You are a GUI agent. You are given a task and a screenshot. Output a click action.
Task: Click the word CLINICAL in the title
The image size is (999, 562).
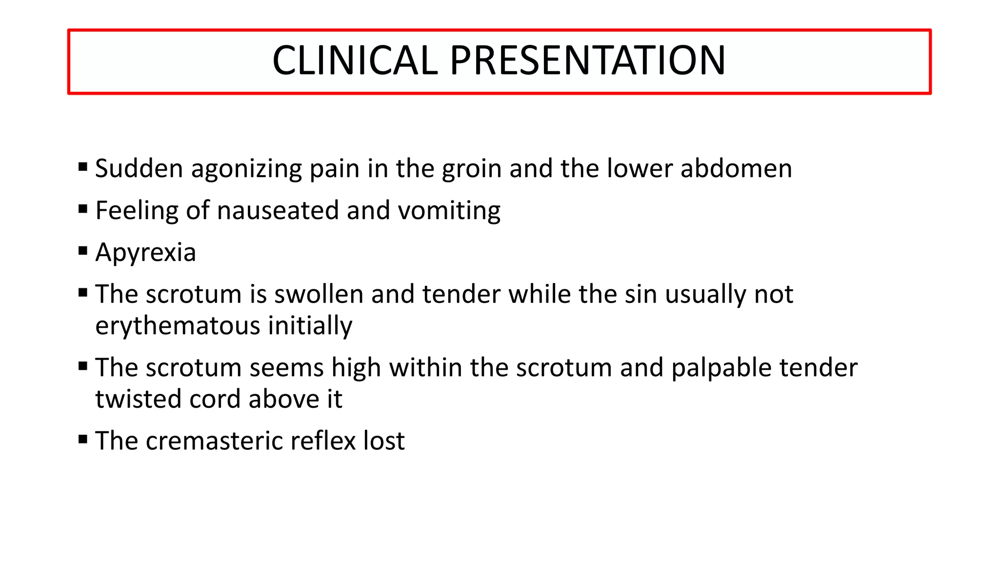[355, 60]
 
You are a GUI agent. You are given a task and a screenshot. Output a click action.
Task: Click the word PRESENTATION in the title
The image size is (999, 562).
[587, 60]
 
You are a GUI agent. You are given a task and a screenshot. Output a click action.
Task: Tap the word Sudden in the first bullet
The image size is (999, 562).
[139, 169]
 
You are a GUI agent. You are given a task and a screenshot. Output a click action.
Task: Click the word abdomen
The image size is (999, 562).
[736, 169]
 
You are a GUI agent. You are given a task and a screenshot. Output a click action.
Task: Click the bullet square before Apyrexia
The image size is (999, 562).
[83, 251]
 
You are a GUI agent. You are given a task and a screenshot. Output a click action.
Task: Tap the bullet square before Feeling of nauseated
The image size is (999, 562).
[83, 209]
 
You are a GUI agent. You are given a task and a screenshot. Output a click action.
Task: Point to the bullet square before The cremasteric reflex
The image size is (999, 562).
[83, 440]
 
